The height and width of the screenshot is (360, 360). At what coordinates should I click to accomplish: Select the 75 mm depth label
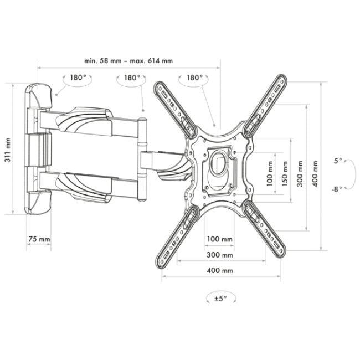(39, 239)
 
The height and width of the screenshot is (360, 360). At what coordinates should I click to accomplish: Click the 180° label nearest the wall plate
(78, 78)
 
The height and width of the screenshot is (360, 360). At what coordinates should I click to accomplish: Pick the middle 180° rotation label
(132, 78)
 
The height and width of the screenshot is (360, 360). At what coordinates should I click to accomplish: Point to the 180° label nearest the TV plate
(194, 78)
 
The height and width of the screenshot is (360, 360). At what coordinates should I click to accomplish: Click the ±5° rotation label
(220, 299)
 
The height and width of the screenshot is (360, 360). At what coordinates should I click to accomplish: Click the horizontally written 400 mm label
(220, 270)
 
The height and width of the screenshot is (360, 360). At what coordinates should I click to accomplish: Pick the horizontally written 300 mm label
(220, 255)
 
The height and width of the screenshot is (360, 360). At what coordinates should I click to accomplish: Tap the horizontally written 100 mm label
(220, 239)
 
